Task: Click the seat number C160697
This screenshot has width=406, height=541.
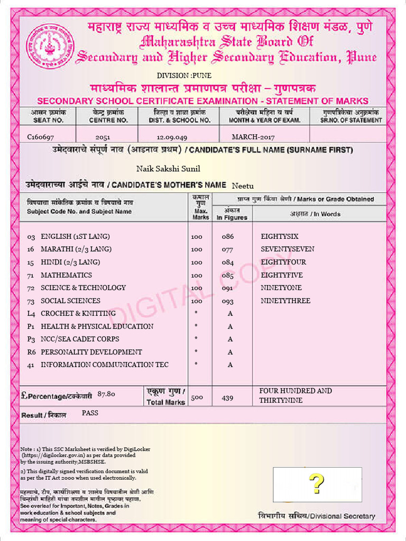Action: tap(41, 137)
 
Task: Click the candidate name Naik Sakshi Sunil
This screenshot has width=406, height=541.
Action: tap(168, 169)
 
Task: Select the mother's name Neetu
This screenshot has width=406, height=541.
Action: tap(243, 185)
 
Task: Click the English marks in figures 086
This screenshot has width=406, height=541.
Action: tap(227, 237)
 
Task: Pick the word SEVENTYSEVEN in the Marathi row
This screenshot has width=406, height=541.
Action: tap(287, 249)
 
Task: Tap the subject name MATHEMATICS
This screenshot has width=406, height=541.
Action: tap(66, 275)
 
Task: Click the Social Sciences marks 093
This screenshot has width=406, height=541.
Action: tap(227, 301)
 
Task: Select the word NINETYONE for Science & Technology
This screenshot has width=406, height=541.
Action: tap(281, 288)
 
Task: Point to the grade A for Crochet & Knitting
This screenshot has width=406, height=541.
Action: tap(230, 313)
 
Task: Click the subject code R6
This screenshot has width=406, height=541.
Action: tap(31, 352)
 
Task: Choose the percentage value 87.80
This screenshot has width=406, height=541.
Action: tap(107, 394)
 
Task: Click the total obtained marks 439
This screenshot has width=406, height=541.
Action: tap(227, 398)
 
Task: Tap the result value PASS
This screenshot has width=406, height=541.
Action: tap(90, 413)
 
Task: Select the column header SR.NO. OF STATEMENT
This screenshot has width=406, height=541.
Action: tap(350, 120)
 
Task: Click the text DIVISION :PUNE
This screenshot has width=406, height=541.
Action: tap(184, 76)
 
